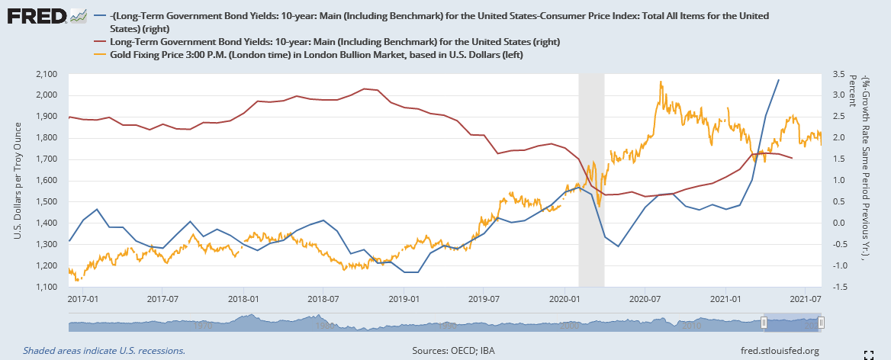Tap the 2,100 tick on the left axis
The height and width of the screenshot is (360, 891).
47,74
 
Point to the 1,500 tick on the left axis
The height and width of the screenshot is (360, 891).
47,202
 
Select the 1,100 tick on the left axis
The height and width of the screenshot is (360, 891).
47,288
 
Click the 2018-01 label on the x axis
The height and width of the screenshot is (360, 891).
242,299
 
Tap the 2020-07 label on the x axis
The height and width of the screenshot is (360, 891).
645,299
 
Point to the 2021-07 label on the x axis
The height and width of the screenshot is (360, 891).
806,299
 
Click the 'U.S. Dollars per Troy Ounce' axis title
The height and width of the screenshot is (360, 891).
18,181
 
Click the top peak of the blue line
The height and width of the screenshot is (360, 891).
778,80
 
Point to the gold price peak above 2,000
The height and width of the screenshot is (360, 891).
659,82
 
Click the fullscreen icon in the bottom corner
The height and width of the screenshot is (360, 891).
867,354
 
